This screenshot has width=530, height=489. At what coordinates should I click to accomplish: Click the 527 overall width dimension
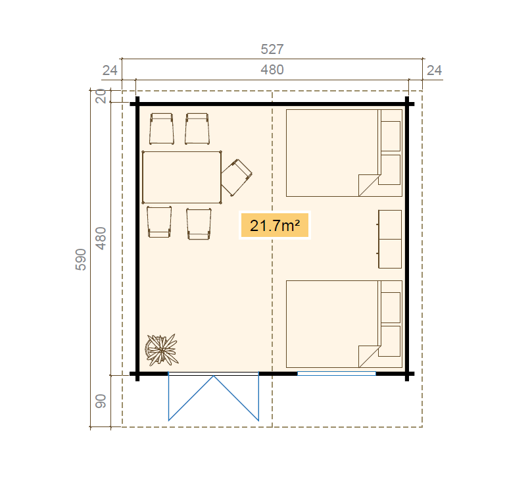coord(272,49)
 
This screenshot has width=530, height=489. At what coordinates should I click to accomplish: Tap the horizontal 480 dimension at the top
coord(272,70)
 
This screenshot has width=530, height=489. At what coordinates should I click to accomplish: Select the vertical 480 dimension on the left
coord(101,239)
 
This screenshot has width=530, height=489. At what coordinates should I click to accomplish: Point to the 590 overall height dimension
coord(80,259)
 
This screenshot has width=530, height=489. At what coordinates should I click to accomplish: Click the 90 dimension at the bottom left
coord(101,401)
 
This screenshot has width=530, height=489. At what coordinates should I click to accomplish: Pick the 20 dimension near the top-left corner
coord(101,96)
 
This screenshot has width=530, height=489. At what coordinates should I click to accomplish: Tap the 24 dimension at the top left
coord(110,70)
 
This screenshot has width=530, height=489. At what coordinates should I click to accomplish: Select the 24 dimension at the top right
coord(435,70)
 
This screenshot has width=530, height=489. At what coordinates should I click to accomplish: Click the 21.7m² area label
coord(275,225)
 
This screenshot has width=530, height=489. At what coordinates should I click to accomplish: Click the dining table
coord(182,177)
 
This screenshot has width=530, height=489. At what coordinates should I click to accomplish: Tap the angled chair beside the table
coord(237,178)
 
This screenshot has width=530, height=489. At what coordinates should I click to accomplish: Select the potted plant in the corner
coord(162,349)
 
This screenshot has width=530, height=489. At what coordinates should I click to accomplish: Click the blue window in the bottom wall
coord(336,374)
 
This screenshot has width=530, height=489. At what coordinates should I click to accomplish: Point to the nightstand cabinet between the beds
coord(390,239)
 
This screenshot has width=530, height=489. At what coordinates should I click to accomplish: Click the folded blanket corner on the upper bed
coord(369,185)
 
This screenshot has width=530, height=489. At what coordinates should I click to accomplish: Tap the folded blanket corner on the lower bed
coord(369,356)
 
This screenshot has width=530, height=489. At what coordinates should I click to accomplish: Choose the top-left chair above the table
coord(162,129)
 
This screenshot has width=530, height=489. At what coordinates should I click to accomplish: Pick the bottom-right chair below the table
coord(199,224)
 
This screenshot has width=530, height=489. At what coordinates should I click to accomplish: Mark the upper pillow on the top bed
coord(391,136)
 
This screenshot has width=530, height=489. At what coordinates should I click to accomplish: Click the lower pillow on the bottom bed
coord(391,341)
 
